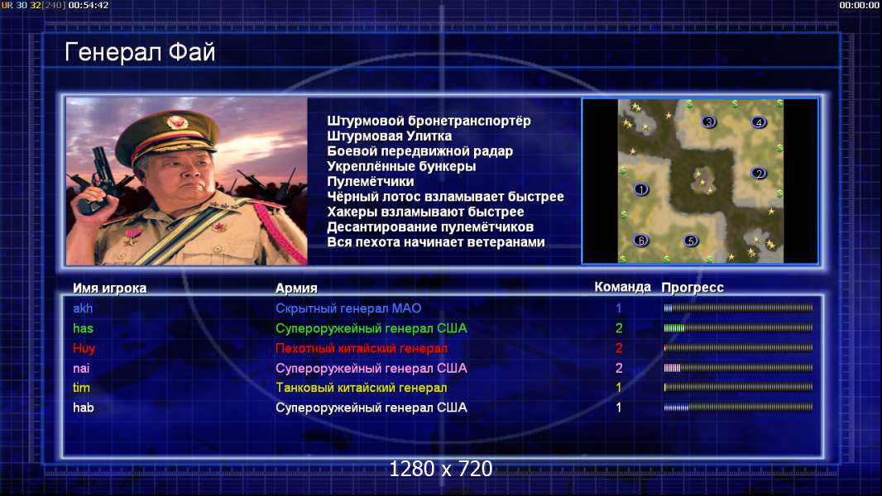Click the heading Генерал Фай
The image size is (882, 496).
point(140,52)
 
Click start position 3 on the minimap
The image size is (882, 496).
point(709,122)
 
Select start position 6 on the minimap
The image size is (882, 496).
point(641,241)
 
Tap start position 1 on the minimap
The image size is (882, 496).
point(641,189)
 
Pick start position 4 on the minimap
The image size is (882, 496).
point(759,122)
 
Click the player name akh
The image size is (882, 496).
point(83,308)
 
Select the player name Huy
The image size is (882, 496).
point(84,348)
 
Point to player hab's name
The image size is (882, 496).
point(84,408)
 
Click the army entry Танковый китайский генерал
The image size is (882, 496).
point(361,388)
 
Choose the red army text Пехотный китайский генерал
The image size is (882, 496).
point(362,348)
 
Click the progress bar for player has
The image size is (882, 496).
point(738,328)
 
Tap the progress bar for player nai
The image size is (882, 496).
point(738,368)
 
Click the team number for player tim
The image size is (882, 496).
point(619,388)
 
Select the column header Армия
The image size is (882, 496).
point(296,289)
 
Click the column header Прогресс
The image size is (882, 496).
point(693,288)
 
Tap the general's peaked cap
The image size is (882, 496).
point(167,135)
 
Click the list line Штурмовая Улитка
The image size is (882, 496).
point(389,136)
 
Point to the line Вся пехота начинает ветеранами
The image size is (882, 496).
point(436,242)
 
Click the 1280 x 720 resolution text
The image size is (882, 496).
point(441,469)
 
